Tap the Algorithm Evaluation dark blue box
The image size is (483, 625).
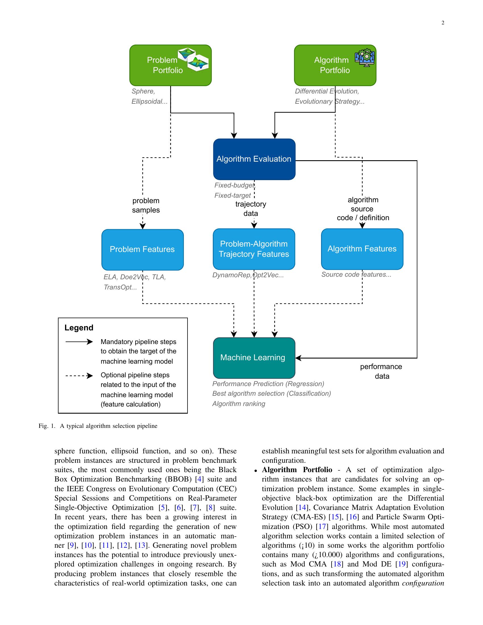[254, 159]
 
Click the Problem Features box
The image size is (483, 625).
[142, 249]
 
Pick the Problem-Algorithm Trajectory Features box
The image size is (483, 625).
[254, 249]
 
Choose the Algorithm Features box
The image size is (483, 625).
[362, 249]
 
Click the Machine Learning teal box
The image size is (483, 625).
[254, 358]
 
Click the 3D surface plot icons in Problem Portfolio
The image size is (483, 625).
[193, 59]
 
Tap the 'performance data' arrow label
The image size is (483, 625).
[381, 372]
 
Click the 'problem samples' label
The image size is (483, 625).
[146, 205]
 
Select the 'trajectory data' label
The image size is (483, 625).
[251, 209]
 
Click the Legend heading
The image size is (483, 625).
[79, 328]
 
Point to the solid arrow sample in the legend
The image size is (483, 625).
[79, 342]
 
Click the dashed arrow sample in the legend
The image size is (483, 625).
[79, 376]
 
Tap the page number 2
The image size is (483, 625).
[443, 23]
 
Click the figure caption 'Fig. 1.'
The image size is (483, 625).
[47, 426]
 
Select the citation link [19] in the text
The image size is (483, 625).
[402, 564]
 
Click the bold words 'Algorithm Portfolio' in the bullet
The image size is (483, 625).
[297, 470]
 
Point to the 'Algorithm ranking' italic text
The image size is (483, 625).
[239, 404]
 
